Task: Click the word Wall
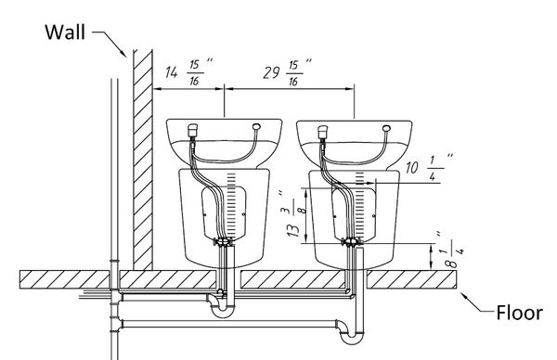(65, 32)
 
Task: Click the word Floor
(519, 313)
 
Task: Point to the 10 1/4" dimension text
(430, 167)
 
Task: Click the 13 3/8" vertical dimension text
(294, 214)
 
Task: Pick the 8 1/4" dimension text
(451, 250)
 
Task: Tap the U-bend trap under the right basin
(351, 331)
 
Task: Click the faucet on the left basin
(192, 130)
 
